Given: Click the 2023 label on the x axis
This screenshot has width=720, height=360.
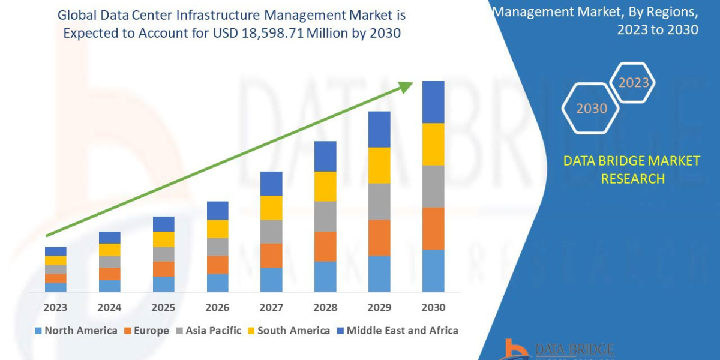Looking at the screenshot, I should (x=55, y=307).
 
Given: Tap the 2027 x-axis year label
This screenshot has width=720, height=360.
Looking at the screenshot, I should (x=271, y=307).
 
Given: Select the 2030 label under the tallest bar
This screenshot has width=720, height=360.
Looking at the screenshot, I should (x=433, y=307).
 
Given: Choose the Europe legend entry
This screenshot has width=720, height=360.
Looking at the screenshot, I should (x=148, y=331).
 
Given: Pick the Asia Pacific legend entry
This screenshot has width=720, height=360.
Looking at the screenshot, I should (x=208, y=331).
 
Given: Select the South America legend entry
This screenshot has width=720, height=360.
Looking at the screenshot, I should (x=288, y=331).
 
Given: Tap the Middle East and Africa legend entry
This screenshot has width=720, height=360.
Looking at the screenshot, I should (x=397, y=331).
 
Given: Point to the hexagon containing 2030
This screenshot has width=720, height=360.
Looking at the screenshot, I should (x=592, y=108).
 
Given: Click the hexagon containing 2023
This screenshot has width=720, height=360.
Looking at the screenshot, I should (x=633, y=82).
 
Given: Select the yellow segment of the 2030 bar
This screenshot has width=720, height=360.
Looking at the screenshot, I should (x=433, y=144).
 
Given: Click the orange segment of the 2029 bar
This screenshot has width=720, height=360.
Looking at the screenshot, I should (x=379, y=238).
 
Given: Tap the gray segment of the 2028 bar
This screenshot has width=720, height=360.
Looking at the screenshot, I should (x=325, y=216).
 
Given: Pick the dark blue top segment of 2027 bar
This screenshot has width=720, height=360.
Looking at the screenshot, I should (x=271, y=183).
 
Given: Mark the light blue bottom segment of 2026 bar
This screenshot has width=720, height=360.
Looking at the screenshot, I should (x=217, y=283).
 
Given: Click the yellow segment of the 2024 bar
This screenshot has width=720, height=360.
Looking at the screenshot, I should (x=109, y=250).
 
